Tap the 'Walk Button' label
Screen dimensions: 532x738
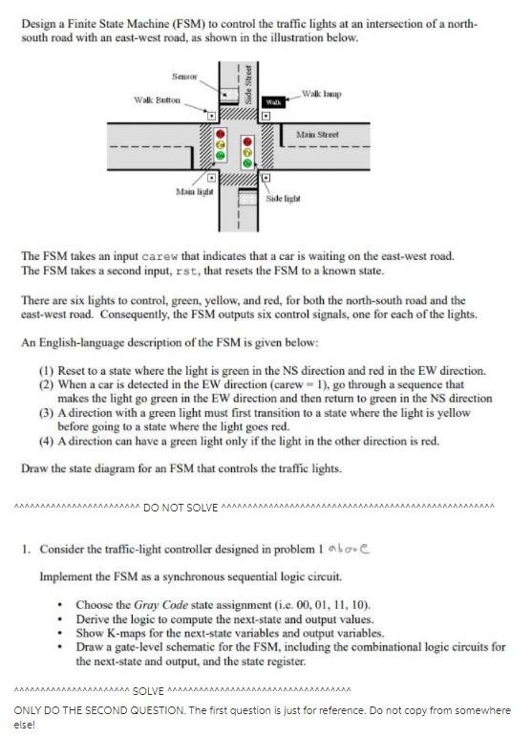click(x=158, y=99)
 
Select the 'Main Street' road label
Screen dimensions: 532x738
click(x=317, y=135)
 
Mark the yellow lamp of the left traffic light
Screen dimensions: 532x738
click(x=221, y=144)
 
